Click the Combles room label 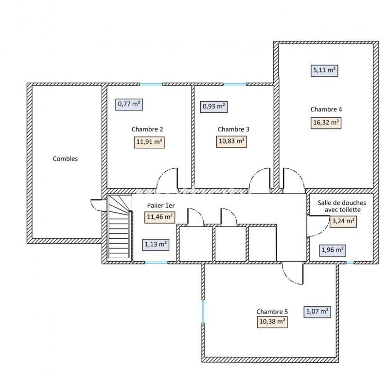pos(65,159)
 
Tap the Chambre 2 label pos(147,129)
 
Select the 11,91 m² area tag pos(149,142)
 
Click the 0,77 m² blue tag pos(129,103)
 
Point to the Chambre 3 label pos(233,129)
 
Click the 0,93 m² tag pos(213,106)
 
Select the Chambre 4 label pos(323,109)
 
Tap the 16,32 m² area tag pos(325,123)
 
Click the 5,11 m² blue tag pos(324,70)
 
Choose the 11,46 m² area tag pos(159,217)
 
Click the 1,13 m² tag pos(156,244)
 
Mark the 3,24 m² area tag pos(343,222)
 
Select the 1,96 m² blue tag pos(333,250)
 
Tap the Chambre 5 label pos(272,312)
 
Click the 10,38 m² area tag pos(271,321)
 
